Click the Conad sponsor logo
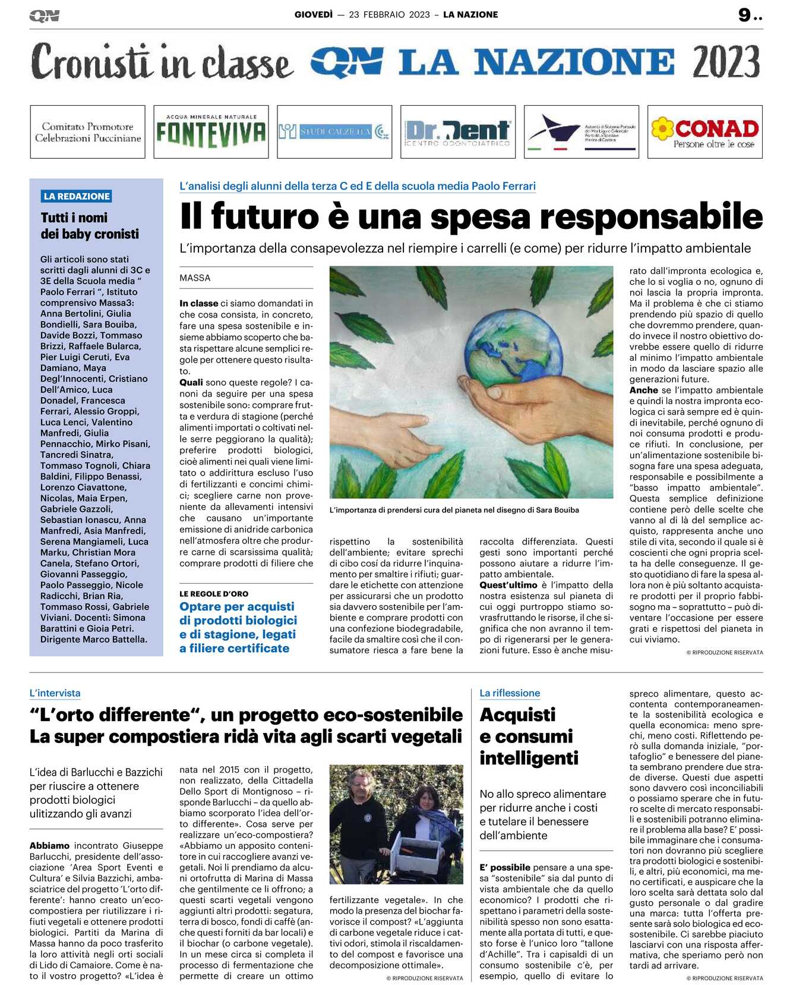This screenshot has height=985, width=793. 704,132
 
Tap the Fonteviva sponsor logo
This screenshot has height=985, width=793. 211,132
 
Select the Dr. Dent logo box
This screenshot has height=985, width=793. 457,132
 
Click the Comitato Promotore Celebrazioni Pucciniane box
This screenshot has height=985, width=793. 88,132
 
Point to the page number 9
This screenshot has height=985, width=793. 744,15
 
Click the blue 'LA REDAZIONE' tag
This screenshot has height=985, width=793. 77,196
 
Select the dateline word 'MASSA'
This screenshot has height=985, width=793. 195,278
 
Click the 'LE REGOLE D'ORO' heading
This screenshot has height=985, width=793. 214,594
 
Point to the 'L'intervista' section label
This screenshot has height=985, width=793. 55,693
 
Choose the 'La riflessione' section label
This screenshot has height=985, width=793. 510,693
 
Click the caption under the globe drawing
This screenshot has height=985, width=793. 454,510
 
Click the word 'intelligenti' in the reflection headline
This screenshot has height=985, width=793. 529,759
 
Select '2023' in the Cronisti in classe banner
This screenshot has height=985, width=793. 726,62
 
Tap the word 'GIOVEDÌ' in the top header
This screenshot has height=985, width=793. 313,15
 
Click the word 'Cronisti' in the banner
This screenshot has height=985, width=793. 89,62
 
